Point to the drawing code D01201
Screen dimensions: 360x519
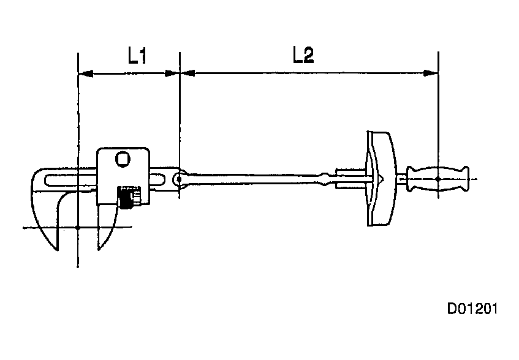click(471, 308)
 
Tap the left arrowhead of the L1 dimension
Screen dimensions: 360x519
click(85, 73)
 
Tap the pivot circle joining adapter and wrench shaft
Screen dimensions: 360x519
click(179, 179)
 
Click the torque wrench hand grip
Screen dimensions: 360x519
click(438, 179)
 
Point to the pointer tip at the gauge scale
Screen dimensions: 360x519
click(381, 179)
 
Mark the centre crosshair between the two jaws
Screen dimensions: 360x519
click(78, 228)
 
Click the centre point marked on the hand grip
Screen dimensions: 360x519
click(438, 179)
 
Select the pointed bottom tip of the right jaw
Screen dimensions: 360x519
click(98, 250)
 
